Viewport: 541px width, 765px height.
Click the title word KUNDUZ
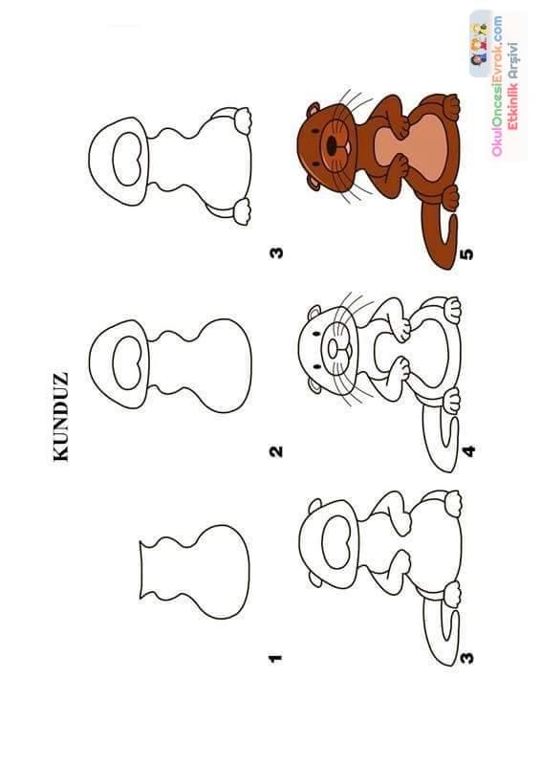coord(61,417)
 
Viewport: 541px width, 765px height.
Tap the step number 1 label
coord(275,658)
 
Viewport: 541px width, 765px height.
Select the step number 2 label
coord(275,451)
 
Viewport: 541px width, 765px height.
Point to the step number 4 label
coord(467,451)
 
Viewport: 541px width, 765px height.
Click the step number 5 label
coord(466,253)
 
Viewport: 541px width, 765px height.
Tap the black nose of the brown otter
coord(332,144)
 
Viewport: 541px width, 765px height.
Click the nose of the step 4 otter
coord(334,348)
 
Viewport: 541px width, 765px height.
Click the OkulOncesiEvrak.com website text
coord(497,86)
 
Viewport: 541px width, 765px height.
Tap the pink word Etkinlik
coord(512,106)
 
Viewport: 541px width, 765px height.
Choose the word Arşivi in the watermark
coord(512,60)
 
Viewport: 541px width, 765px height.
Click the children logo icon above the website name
coord(479,44)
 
